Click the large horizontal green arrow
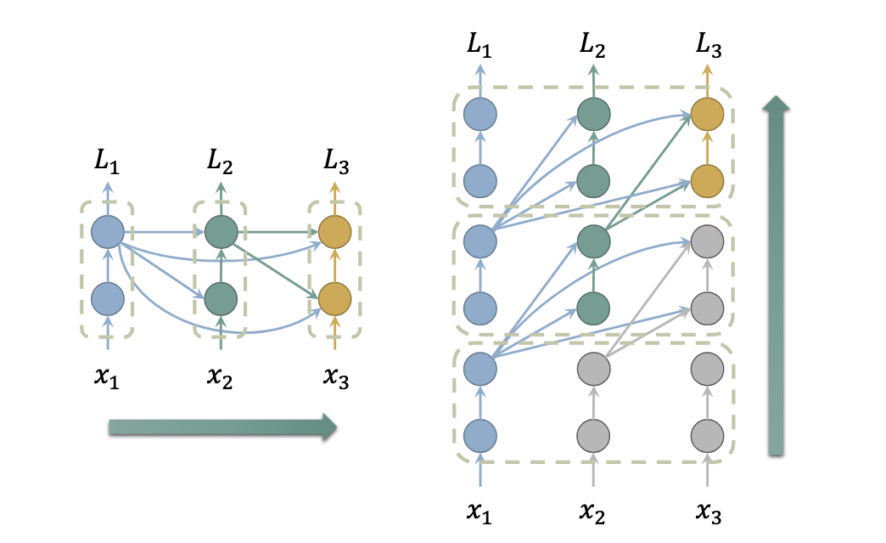222,427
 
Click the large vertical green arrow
776,276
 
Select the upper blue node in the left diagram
108,231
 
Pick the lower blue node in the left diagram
108,299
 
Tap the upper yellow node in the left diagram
334,231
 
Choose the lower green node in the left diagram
222,299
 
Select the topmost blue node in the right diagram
480,114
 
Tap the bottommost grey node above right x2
593,435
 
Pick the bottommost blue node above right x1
480,435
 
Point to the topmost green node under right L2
593,114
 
